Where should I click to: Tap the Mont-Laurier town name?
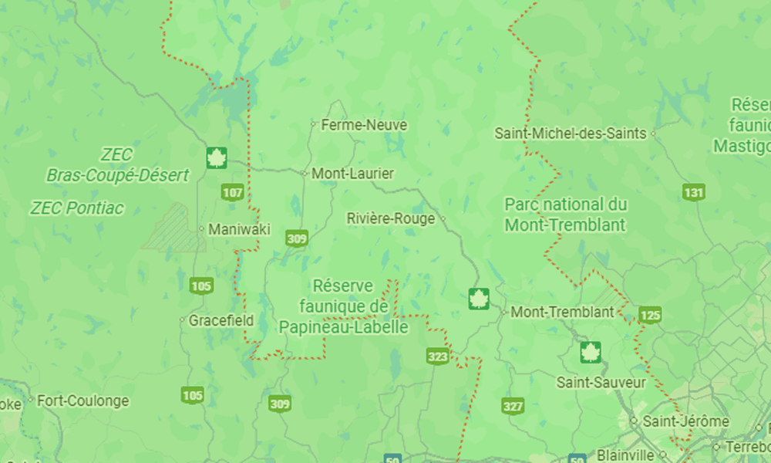pyautogui.click(x=352, y=174)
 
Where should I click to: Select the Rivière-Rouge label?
pyautogui.click(x=392, y=218)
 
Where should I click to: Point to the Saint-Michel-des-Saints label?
pyautogui.click(x=571, y=133)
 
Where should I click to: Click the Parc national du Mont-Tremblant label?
pyautogui.click(x=565, y=215)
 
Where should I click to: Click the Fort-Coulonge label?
pyautogui.click(x=83, y=401)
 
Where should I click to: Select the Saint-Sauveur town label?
pyautogui.click(x=601, y=383)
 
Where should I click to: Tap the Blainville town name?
pyautogui.click(x=624, y=455)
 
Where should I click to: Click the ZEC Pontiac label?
pyautogui.click(x=77, y=208)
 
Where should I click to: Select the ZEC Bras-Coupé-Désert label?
pyautogui.click(x=117, y=165)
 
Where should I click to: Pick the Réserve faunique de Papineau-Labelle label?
pyautogui.click(x=344, y=306)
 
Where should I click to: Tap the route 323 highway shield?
pyautogui.click(x=437, y=356)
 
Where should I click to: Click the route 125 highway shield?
pyautogui.click(x=651, y=315)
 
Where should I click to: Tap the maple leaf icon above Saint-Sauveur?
pyautogui.click(x=591, y=352)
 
